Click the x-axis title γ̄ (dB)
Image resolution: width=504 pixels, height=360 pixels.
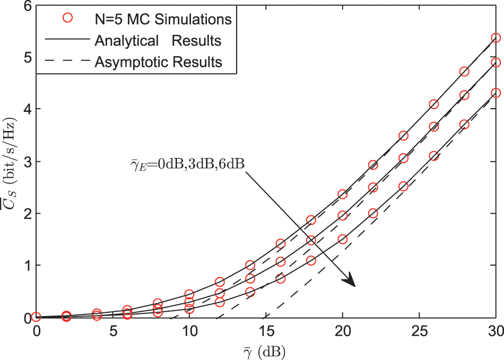[x=265, y=350]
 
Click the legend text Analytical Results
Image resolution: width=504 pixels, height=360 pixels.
[x=158, y=40]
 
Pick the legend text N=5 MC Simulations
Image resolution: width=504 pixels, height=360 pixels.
[x=162, y=19]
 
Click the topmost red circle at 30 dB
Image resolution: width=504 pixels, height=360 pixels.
[x=496, y=38]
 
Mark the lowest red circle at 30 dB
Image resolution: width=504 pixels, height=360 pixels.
[x=496, y=93]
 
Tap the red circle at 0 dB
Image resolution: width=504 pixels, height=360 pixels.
[x=36, y=317]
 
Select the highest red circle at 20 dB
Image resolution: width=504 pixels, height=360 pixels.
[x=342, y=195]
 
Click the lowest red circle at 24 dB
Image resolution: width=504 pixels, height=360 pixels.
[x=403, y=186]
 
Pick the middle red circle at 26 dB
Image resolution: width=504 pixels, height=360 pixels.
[x=434, y=127]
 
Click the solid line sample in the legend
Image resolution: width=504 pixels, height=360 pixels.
[x=67, y=40]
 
